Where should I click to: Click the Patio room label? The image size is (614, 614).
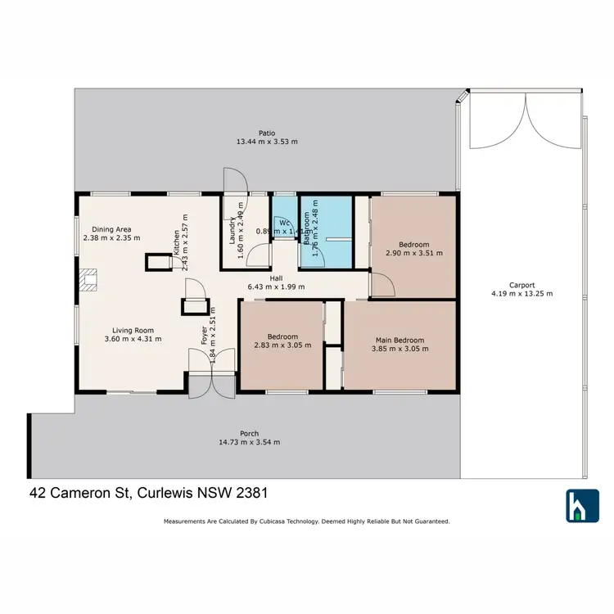point(267,132)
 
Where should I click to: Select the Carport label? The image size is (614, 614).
point(521,285)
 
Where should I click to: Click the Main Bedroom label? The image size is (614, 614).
point(400,340)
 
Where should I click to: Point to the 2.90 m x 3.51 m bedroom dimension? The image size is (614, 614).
point(413,253)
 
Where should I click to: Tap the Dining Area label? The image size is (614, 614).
point(112,229)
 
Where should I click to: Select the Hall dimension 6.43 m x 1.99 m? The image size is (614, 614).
point(276,287)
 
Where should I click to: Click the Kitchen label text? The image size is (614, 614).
point(176,242)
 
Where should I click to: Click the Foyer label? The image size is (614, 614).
point(205,336)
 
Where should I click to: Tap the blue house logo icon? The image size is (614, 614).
point(582,505)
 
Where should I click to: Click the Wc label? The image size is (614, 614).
point(284,222)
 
